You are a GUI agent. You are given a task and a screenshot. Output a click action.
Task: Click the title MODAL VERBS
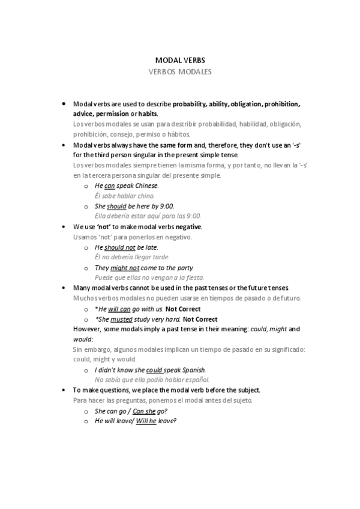pyautogui.click(x=180, y=61)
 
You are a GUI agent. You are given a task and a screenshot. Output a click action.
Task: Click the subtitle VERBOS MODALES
pyautogui.click(x=180, y=71)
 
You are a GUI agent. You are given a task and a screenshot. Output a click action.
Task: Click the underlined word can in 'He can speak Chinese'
pyautogui.click(x=109, y=186)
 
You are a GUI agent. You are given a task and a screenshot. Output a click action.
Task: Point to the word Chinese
pyautogui.click(x=148, y=186)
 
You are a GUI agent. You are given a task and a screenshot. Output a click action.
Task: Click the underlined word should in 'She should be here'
pyautogui.click(x=116, y=206)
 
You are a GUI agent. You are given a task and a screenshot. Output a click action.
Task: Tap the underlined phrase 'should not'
pyautogui.click(x=120, y=247)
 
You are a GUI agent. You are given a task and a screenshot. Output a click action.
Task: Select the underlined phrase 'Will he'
pyautogui.click(x=146, y=421)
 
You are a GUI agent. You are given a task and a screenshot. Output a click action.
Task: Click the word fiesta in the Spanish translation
pyautogui.click(x=194, y=277)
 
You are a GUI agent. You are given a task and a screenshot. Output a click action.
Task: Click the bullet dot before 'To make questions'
pyautogui.click(x=64, y=389)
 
